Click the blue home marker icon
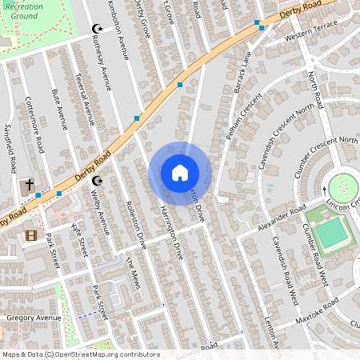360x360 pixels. tap(180, 173)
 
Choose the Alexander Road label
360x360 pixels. tap(283, 218)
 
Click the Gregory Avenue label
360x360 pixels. tap(33, 318)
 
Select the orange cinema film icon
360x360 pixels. tap(31, 235)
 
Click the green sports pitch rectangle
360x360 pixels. tap(331, 234)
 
